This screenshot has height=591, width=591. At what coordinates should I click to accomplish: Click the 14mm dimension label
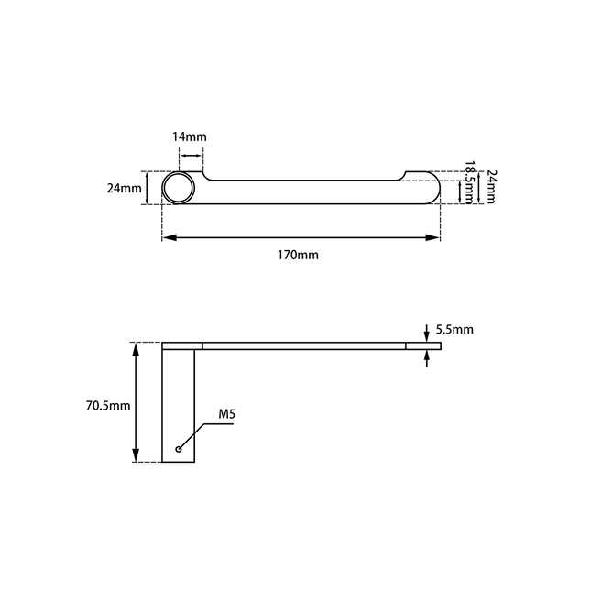(x=190, y=137)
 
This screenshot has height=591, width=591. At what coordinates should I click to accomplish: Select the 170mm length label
(x=300, y=255)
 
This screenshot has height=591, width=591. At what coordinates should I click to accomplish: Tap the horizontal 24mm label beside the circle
(x=124, y=189)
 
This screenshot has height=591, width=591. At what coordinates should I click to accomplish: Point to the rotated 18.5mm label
(x=469, y=182)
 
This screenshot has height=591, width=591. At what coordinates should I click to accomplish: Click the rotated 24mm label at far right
(x=491, y=186)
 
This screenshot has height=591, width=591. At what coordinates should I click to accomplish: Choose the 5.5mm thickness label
(x=455, y=329)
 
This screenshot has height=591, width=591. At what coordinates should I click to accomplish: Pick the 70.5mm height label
(x=106, y=403)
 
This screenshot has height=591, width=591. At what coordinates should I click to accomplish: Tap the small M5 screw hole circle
(x=179, y=450)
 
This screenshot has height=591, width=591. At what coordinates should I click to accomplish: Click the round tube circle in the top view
(x=179, y=189)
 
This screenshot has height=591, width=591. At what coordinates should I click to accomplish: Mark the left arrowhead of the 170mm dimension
(x=168, y=238)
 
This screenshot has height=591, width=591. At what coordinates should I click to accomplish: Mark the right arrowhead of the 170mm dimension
(x=435, y=238)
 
